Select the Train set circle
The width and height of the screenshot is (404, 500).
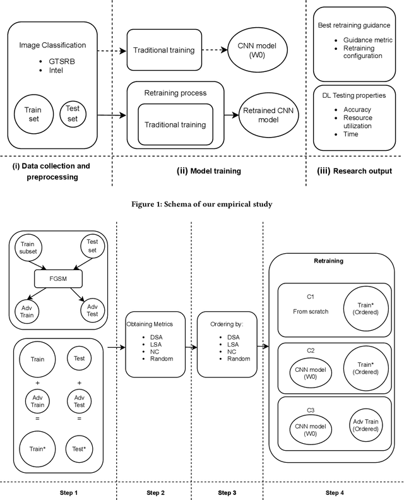tap(33, 114)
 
